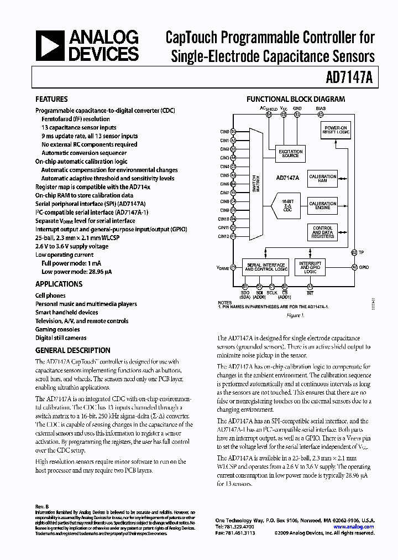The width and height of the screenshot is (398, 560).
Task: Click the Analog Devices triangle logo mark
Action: (50, 46)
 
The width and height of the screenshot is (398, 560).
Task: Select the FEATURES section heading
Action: (51, 99)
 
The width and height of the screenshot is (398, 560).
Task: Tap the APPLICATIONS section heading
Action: (59, 284)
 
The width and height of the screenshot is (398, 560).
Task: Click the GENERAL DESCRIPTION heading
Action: (72, 350)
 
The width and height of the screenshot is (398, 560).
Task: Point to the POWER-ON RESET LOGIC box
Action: (336, 130)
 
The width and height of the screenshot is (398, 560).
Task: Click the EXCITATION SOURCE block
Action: (290, 153)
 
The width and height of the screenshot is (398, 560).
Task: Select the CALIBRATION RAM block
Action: (323, 179)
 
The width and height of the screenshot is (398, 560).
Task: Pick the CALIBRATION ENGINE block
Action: (323, 205)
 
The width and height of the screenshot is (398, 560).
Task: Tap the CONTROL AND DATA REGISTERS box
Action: (323, 232)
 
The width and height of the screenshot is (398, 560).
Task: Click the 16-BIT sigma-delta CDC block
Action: (286, 205)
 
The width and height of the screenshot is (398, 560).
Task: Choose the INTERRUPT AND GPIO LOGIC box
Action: (310, 267)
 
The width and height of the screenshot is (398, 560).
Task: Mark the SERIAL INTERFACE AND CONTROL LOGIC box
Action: (265, 267)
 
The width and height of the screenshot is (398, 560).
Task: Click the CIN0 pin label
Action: (224, 131)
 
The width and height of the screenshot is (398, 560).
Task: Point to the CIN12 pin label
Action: (223, 236)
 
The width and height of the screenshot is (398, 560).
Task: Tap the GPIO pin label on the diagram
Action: (364, 267)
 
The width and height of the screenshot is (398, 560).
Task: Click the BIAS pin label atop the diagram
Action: (321, 108)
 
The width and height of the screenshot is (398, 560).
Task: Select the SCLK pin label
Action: (272, 292)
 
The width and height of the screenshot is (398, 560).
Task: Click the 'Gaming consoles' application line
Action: (57, 329)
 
